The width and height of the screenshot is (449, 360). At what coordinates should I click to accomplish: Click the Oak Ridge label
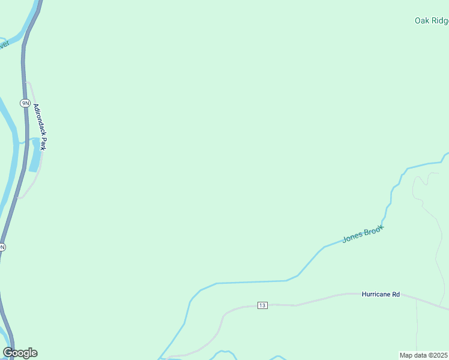coord(432,20)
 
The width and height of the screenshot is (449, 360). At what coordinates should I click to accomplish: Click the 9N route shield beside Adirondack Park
coord(25,103)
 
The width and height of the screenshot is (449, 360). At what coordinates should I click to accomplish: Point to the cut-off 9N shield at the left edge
coord(2,247)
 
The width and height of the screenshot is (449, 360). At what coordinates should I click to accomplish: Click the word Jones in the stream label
coord(352,238)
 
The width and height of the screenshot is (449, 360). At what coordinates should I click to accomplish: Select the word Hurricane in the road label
coord(376,295)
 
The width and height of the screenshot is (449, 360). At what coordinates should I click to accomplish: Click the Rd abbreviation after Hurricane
coord(396,295)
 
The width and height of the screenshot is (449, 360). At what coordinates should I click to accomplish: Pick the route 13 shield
coord(262,305)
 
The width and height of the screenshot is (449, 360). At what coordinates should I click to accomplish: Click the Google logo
coord(20,353)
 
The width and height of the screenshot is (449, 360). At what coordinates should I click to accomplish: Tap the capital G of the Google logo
coord(8,353)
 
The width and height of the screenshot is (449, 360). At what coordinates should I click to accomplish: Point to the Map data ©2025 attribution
coord(424,355)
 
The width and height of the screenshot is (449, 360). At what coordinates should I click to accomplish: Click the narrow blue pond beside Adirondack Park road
coord(35,155)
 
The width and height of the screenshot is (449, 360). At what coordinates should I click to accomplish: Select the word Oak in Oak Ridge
coord(421,20)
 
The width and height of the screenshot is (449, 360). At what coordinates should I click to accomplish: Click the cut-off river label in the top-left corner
coord(4,45)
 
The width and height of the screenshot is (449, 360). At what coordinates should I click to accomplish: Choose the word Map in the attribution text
coord(406,355)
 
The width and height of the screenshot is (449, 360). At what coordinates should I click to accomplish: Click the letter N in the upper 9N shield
coord(26,103)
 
